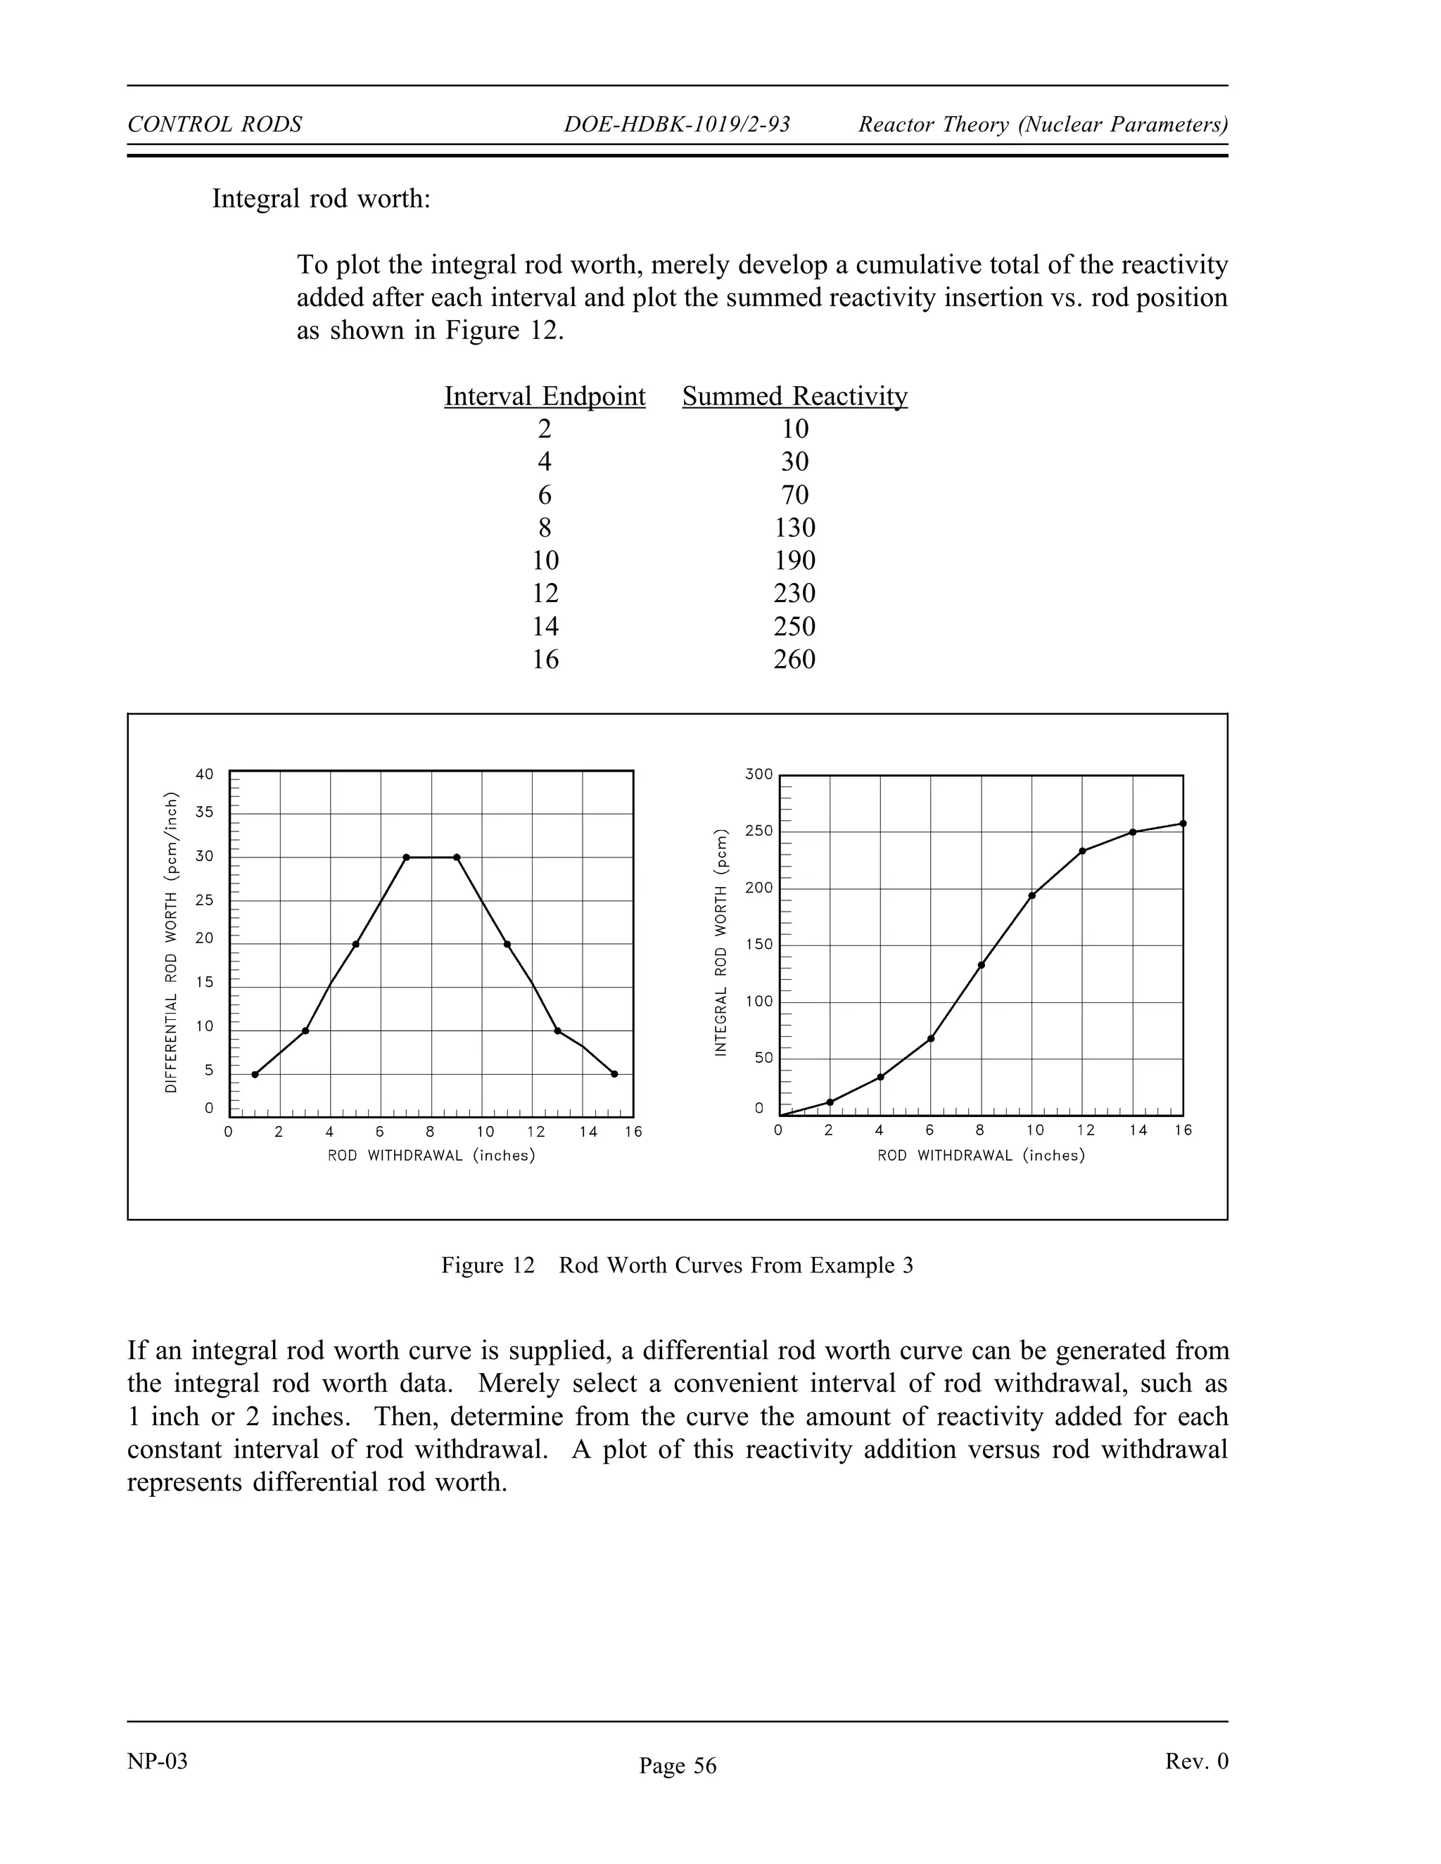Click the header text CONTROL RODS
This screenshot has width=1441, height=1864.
point(215,125)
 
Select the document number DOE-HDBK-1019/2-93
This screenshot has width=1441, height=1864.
point(677,125)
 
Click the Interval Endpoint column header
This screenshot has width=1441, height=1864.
point(545,396)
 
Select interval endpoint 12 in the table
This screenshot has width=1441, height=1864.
point(545,593)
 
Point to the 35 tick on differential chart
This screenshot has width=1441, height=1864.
point(205,812)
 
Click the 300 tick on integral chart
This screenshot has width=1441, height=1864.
point(759,774)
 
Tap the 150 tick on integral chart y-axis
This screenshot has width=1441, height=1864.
point(759,944)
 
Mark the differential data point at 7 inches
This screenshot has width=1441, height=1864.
point(407,857)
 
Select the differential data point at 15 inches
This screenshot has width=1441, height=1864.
point(615,1073)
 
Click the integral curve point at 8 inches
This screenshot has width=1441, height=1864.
point(982,965)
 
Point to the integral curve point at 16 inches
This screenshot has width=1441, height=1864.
point(1182,824)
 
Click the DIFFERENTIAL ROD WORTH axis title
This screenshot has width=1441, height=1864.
point(172,943)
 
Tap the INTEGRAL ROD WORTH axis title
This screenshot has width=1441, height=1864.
point(721,943)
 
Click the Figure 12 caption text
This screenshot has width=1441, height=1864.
point(677,1265)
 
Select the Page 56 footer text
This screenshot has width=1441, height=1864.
point(678,1766)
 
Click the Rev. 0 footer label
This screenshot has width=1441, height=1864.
point(1196,1761)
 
